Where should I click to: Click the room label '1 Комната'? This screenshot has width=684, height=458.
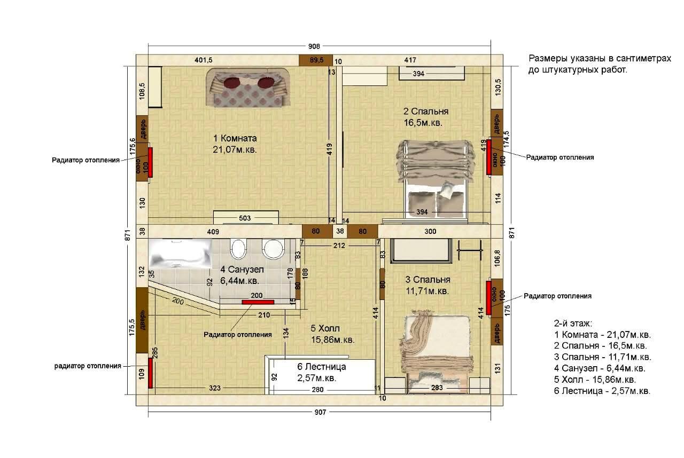(235, 138)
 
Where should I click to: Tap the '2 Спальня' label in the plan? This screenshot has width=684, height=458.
(426, 112)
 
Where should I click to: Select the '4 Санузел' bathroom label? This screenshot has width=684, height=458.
(242, 270)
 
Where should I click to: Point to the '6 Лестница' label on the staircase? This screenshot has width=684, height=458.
(322, 367)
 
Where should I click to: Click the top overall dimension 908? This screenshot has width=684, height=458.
(314, 46)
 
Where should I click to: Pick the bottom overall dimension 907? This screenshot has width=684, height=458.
(320, 412)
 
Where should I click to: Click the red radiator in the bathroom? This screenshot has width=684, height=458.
(258, 302)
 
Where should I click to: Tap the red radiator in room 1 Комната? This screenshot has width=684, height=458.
(150, 162)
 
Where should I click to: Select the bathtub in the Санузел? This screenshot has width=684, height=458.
(180, 254)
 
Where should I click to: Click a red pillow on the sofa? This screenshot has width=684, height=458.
(232, 82)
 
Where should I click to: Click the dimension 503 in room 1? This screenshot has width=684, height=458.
(245, 218)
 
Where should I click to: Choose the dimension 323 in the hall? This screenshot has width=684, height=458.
(215, 388)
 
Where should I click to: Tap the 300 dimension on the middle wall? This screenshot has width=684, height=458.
(430, 232)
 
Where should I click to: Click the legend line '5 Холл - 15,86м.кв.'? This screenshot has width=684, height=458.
(595, 380)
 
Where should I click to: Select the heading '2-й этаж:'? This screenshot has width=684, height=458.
(573, 323)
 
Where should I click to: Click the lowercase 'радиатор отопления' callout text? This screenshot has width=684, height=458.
(88, 366)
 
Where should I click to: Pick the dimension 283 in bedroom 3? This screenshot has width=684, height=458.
(437, 388)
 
